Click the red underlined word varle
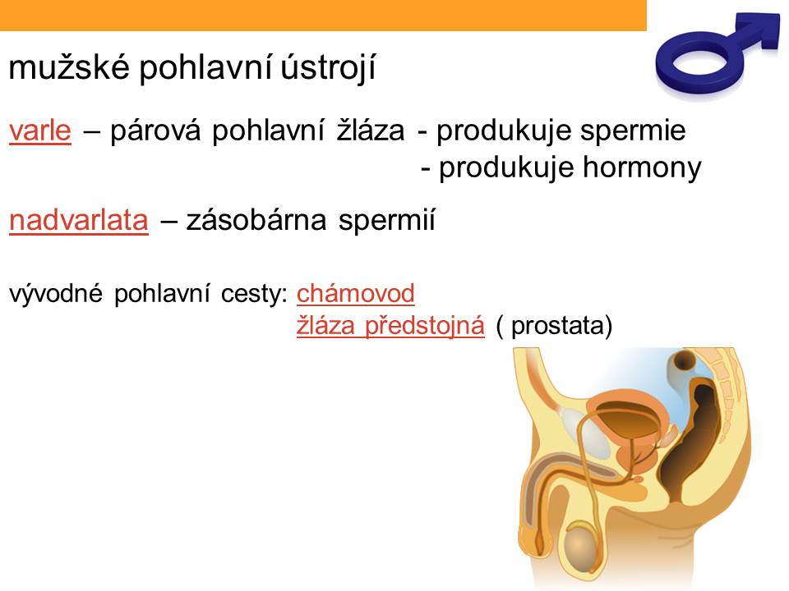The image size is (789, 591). tap(40, 131)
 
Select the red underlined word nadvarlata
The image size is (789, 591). tap(79, 220)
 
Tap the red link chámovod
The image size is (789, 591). tap(355, 293)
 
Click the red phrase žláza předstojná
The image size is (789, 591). tap(390, 325)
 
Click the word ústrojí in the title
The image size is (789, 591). tap(328, 68)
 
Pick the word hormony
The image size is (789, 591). tap(642, 167)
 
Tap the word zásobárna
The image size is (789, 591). tap(256, 220)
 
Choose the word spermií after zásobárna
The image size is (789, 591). tap(386, 220)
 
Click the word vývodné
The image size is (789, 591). tap(56, 293)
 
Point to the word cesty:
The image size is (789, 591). tap(254, 294)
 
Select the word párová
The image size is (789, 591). tap(155, 131)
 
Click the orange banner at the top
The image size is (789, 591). tap(323, 15)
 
